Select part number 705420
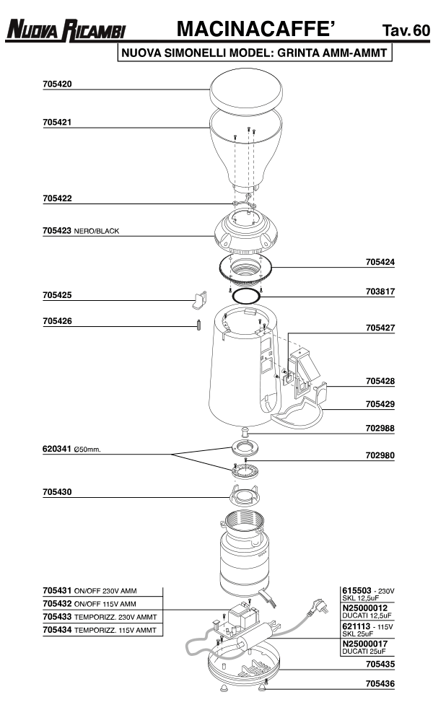coord(57,84)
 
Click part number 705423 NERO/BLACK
coord(80,232)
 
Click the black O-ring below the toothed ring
coord(246,296)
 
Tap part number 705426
coord(57,321)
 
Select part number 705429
coord(380,404)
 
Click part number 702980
coord(380,455)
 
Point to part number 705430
coord(57,492)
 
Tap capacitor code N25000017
coord(366,644)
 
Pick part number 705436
coord(380,681)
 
